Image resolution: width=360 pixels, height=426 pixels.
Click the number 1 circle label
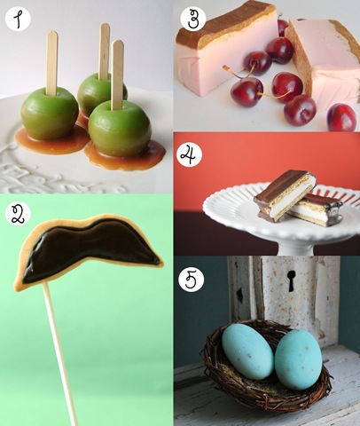(18, 18)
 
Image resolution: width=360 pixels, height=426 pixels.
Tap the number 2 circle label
(18, 215)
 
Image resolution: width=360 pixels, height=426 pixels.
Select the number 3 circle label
(193, 18)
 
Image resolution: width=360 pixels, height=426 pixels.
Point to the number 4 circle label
(190, 155)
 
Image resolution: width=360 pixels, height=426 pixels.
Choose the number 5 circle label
(192, 279)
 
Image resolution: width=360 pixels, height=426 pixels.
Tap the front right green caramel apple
(120, 128)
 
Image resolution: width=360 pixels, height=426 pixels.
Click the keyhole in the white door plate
(291, 280)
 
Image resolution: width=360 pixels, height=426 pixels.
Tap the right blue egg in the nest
(299, 359)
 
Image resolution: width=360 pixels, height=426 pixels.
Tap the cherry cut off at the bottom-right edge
(341, 117)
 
